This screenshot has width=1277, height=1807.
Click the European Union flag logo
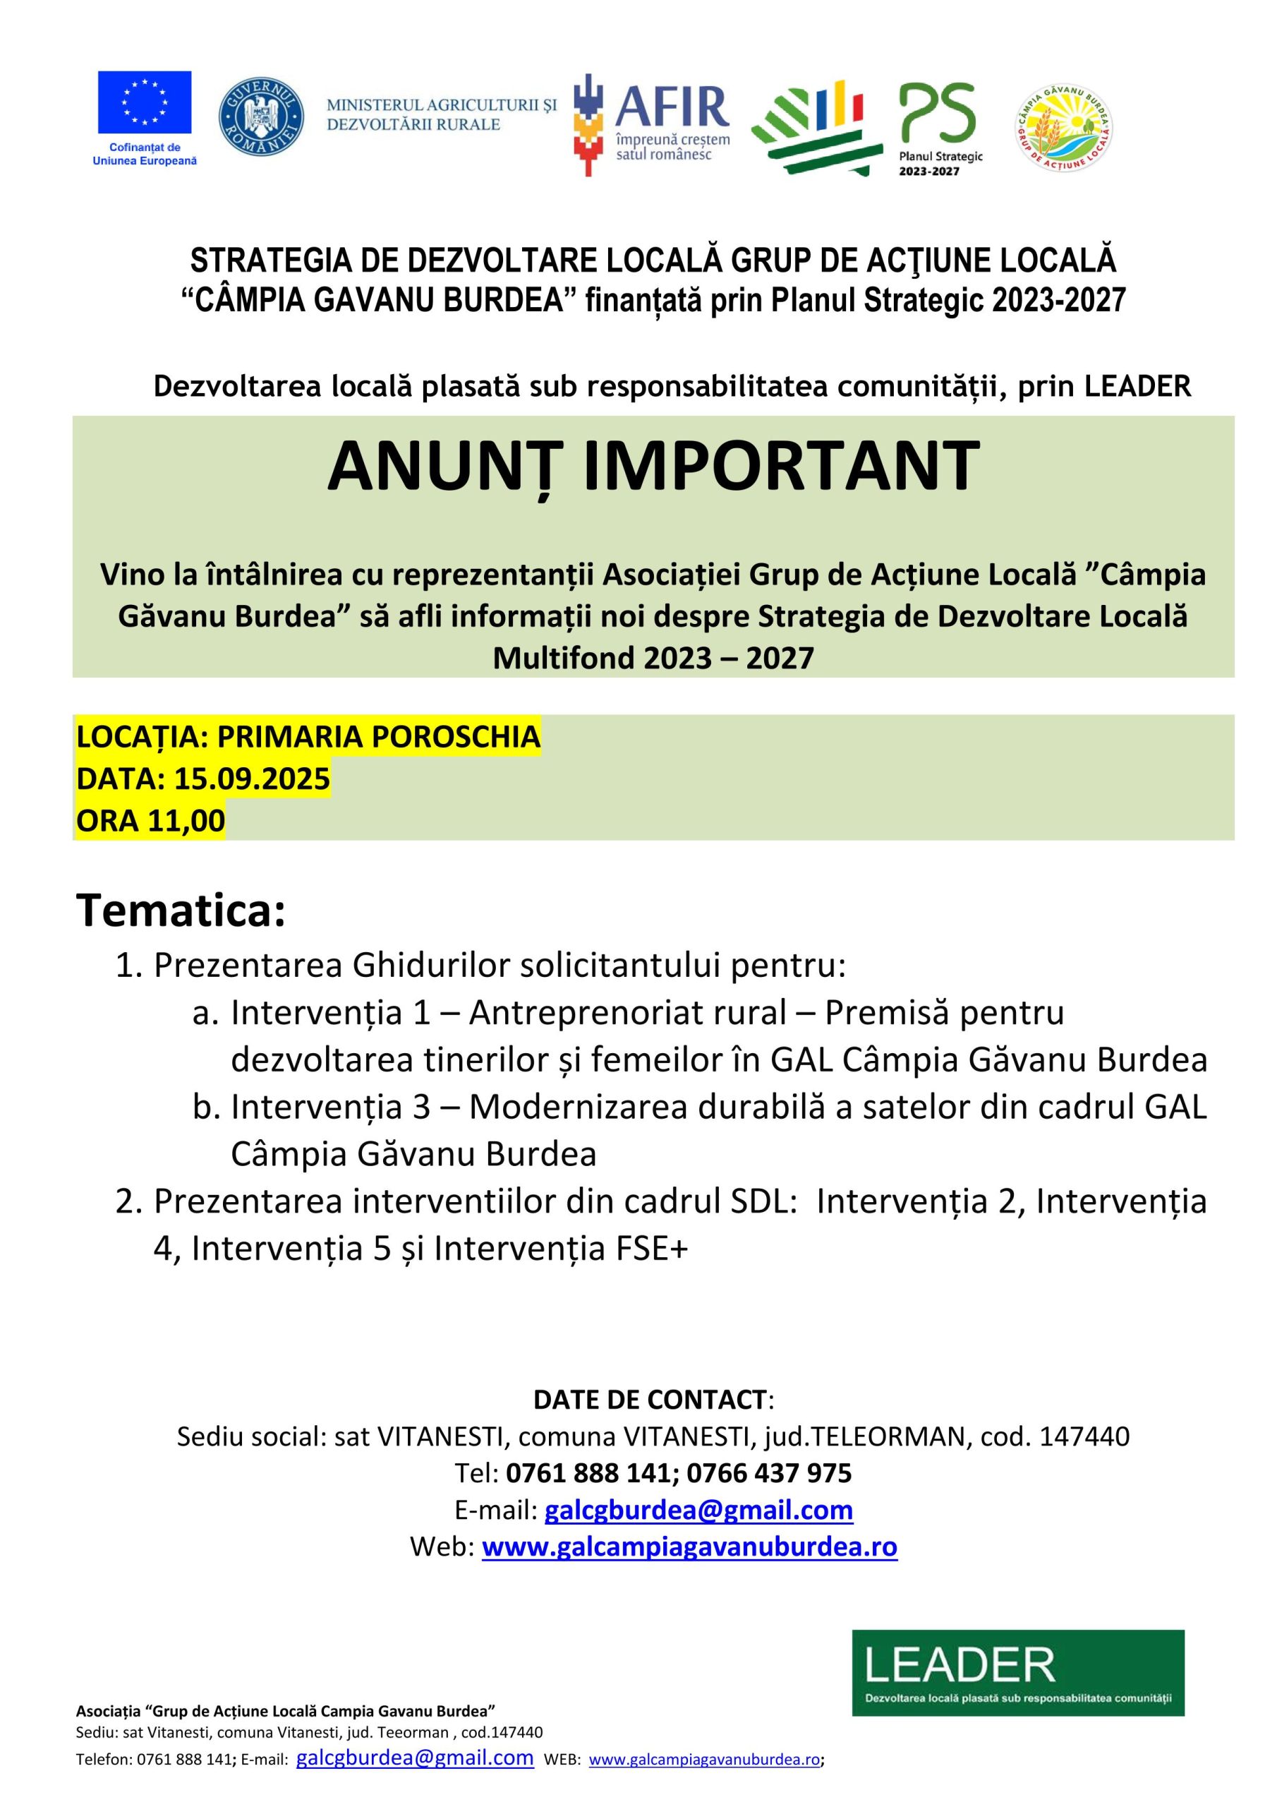[x=144, y=102]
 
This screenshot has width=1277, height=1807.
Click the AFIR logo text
[x=671, y=108]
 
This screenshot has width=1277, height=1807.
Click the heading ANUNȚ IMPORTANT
[x=653, y=466]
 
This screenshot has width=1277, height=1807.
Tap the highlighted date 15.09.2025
[x=251, y=779]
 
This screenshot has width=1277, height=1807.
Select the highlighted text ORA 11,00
[x=150, y=820]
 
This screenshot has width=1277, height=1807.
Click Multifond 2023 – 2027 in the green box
[x=653, y=657]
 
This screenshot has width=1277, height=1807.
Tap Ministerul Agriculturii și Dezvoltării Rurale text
[x=442, y=115]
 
